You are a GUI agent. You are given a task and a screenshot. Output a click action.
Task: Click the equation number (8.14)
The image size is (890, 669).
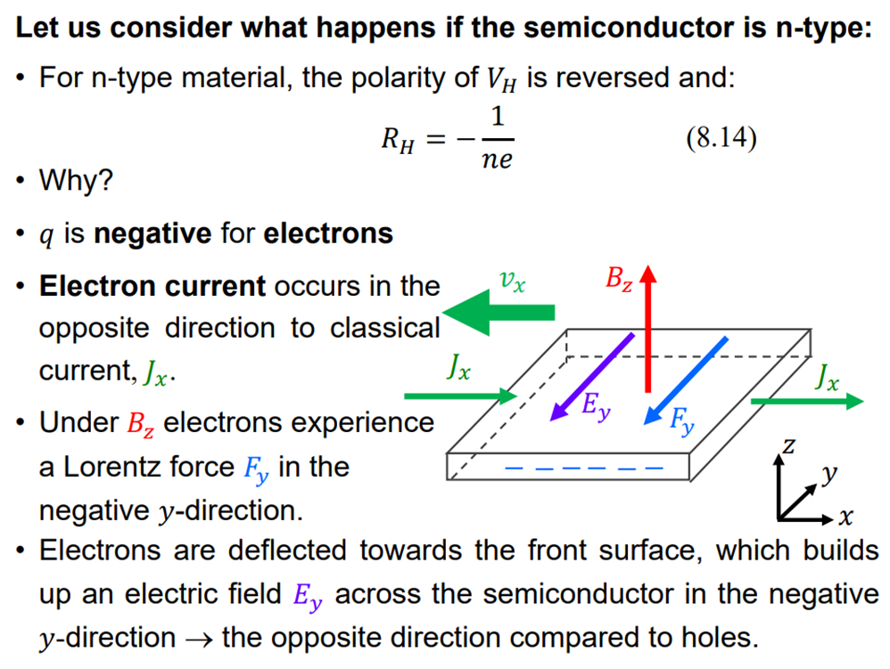721,140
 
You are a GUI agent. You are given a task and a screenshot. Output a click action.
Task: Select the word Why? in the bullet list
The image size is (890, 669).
76,182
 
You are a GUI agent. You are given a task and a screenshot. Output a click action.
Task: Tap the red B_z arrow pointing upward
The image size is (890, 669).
648,330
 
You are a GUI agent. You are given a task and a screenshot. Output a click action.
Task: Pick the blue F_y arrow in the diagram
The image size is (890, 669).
686,379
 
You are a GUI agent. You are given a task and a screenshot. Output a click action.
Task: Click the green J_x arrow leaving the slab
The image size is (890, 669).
806,402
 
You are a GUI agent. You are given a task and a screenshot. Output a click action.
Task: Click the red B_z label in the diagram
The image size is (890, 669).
619,279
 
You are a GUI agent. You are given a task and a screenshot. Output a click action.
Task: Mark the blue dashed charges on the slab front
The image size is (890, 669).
584,467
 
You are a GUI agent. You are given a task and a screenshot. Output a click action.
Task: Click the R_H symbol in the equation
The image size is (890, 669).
398,140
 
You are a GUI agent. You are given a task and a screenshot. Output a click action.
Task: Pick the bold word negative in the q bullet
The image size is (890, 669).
152,233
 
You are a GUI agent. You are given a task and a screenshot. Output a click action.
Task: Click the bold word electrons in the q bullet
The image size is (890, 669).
328,233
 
